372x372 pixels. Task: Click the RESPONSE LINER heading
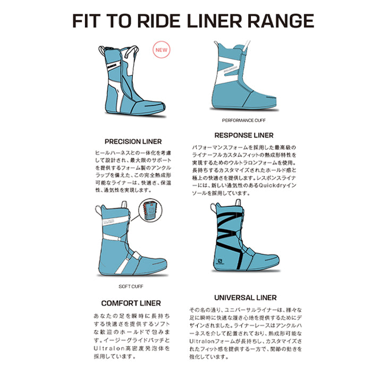click(244, 136)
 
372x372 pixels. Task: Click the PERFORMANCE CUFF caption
click(243, 120)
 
